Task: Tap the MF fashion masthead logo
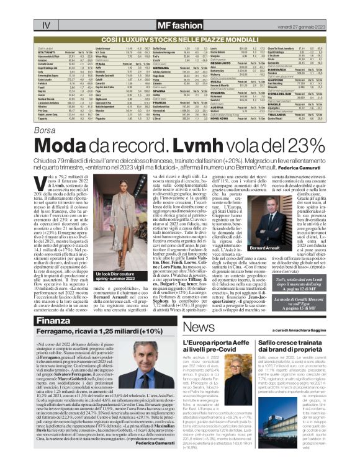[179, 25]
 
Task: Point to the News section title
[198, 328]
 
